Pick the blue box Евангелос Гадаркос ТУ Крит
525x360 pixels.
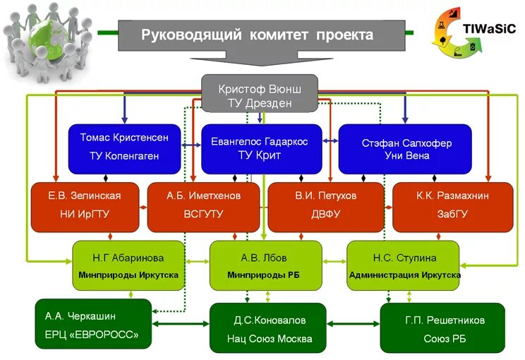tap(260, 148)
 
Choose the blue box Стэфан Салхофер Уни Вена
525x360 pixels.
tap(405, 148)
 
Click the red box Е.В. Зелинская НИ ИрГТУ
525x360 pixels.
tap(85, 206)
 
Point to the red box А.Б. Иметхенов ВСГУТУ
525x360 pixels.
tap(203, 206)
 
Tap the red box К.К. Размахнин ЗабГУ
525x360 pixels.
tap(442, 206)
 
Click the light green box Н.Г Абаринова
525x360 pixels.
tap(128, 265)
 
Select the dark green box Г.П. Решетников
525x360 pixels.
tap(442, 328)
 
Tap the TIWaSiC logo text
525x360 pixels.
tap(490, 29)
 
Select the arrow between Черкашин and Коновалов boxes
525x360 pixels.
tap(181, 324)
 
